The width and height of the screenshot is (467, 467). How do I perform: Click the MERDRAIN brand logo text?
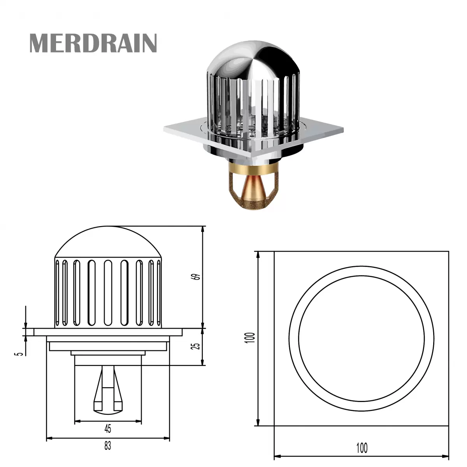(x=93, y=43)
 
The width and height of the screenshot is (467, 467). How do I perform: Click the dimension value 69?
(x=197, y=277)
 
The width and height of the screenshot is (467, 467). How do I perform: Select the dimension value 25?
(x=197, y=345)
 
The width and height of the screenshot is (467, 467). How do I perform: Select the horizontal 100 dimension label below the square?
(x=362, y=448)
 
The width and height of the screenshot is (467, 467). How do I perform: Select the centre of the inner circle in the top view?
(x=362, y=338)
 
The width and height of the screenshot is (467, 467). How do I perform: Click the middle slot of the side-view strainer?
(x=108, y=292)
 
